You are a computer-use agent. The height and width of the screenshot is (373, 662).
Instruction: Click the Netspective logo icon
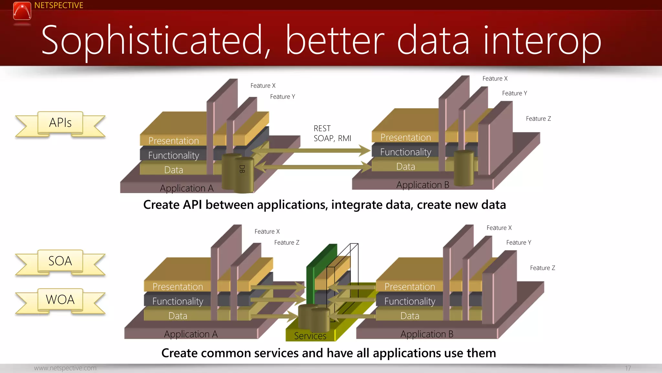22,11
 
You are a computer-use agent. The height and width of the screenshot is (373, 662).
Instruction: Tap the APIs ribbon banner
60,123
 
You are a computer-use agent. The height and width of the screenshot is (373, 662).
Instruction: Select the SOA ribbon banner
60,261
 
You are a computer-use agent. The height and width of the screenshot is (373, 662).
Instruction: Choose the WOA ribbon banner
60,300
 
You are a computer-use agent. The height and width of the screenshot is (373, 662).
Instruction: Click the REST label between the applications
322,129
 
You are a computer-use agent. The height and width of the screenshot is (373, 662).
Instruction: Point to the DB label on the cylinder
242,169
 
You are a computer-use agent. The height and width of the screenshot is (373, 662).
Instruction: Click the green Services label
310,336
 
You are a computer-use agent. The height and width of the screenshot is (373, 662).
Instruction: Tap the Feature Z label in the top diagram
538,119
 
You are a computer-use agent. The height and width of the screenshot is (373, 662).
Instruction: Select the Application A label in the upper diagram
187,188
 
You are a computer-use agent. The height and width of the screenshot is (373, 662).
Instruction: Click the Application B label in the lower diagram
427,334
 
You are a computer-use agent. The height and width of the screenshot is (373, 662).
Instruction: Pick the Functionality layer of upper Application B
405,152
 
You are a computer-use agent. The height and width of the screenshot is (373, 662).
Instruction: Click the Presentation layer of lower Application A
178,287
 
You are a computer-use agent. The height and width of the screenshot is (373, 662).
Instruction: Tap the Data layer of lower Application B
410,316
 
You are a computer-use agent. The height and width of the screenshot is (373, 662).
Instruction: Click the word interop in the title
542,41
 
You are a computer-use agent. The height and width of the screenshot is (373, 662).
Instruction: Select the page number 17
628,368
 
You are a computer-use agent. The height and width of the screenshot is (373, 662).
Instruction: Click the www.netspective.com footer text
65,368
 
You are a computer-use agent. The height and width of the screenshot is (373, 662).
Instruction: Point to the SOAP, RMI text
332,139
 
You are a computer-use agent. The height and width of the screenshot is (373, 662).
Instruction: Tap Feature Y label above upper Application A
282,97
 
